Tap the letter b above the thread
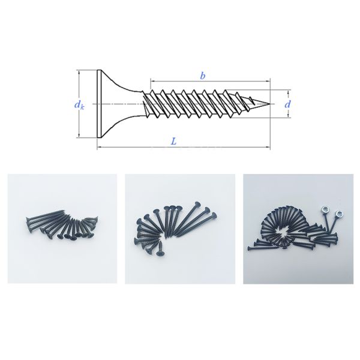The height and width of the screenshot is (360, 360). coord(203,76)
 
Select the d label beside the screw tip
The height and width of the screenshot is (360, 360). coord(288,104)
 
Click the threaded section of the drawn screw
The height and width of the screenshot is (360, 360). coord(198,103)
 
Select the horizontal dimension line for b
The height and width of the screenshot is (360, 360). coord(180,80)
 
